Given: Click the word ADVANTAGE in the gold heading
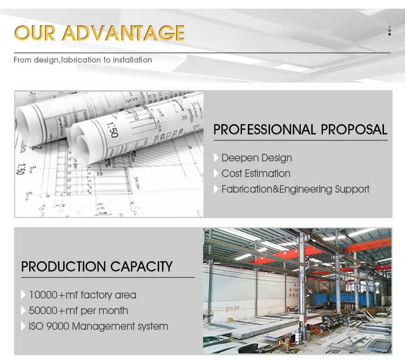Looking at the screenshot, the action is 124,33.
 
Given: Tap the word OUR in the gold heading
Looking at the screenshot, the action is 35,33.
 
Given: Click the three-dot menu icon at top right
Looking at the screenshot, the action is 389,31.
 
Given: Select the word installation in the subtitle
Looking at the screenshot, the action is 132,60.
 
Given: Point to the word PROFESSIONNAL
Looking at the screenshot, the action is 265,130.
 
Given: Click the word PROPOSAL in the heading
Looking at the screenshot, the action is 354,130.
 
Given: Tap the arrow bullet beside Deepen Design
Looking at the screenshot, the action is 216,158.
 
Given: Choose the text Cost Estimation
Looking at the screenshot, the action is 256,174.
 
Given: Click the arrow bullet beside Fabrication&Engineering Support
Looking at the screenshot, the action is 216,189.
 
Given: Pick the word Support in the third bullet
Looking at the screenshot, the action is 352,189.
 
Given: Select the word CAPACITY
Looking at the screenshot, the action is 141,267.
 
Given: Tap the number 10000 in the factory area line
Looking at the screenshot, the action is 43,295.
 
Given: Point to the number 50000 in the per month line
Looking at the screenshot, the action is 43,311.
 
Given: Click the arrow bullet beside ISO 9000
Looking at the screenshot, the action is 23,326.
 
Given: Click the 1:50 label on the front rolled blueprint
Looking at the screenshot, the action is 112,130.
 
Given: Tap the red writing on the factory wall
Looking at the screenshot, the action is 232,308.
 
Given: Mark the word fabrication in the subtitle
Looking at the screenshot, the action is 81,60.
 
